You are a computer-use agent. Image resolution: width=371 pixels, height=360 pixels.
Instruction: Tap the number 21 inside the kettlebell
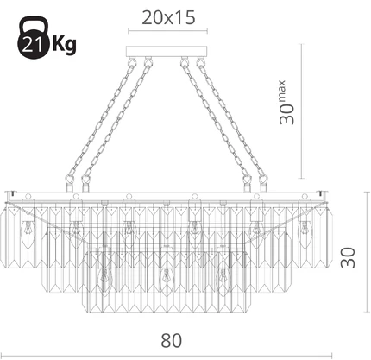tap(32, 45)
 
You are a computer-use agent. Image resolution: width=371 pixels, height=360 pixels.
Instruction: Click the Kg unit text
tap(64, 45)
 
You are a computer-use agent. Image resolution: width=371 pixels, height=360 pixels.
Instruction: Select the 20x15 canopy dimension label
tap(168, 18)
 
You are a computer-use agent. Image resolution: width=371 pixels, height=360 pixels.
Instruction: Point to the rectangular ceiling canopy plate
tap(167, 51)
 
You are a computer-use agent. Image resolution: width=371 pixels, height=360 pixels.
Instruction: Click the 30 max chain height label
tap(286, 103)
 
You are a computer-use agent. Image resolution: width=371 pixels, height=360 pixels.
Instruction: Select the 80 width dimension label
tap(171, 341)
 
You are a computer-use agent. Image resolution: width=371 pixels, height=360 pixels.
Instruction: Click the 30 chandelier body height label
tap(348, 257)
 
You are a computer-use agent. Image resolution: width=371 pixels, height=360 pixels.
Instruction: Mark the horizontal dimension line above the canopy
tap(167, 31)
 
